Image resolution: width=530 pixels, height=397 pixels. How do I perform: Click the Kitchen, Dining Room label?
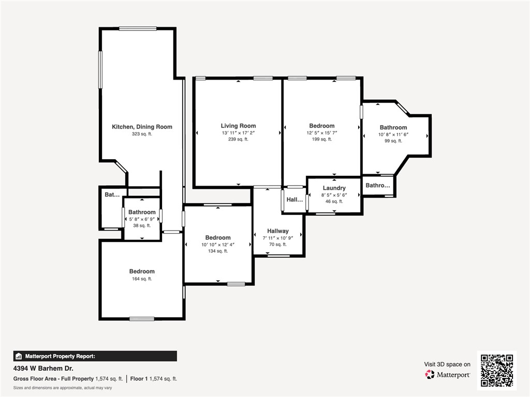[x=142, y=127]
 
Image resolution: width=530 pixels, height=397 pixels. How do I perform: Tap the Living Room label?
[x=238, y=126]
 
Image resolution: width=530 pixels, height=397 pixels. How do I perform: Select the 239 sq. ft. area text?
[x=238, y=139]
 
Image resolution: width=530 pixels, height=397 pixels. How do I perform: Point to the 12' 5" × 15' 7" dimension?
[x=321, y=133]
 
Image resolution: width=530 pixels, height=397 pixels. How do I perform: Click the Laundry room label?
[x=334, y=188]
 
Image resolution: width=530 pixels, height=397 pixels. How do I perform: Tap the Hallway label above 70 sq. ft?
[x=278, y=231]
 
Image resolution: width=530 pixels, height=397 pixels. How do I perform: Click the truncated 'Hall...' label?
[x=295, y=200]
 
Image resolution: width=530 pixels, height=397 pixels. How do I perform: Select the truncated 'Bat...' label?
[x=112, y=195]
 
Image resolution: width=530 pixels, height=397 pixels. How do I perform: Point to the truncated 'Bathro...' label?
[x=378, y=185]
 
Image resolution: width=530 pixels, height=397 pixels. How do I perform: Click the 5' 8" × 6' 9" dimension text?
[x=142, y=219]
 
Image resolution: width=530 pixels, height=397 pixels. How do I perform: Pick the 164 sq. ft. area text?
[x=142, y=279]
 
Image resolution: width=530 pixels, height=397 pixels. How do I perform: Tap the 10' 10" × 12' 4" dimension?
[x=218, y=245]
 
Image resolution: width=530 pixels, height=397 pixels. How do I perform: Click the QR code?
[x=496, y=371]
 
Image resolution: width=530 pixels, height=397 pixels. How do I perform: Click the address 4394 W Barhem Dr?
[x=43, y=369]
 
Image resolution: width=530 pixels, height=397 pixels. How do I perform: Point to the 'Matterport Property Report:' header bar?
[x=95, y=356]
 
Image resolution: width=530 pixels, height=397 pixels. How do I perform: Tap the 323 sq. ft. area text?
[x=142, y=134]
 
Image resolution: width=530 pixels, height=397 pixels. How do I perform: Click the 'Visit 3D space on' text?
[x=447, y=364]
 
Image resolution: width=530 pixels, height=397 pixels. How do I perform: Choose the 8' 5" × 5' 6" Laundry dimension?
[x=334, y=195]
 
